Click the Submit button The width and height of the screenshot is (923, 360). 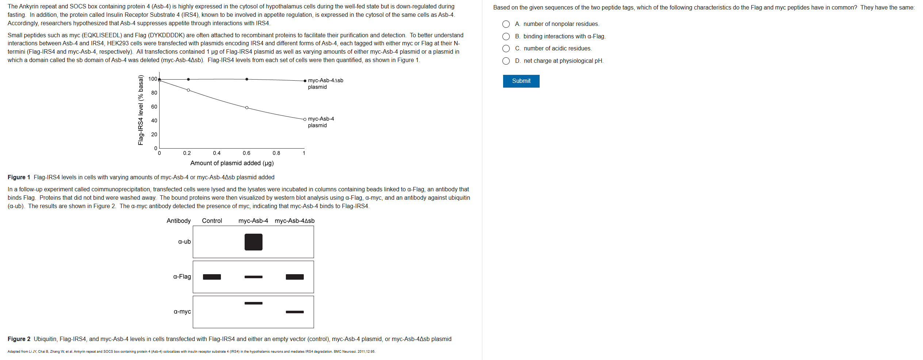(521, 81)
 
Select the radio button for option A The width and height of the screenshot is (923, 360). (506, 24)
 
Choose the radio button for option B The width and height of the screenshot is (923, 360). (506, 37)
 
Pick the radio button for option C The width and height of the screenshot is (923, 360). (506, 49)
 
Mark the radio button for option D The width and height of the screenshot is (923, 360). (506, 61)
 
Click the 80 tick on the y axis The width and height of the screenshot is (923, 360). (154, 93)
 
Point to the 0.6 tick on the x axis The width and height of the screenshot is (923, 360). (246, 153)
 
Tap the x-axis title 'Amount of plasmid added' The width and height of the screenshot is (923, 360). (232, 163)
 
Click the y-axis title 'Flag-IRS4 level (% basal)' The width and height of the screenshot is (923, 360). (141, 110)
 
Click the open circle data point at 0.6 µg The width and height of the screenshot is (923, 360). (247, 108)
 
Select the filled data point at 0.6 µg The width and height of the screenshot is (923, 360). (247, 79)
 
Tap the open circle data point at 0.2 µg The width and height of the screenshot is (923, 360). (188, 90)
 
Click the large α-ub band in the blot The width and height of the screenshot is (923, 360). (253, 242)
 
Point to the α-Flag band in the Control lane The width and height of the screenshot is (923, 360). (212, 277)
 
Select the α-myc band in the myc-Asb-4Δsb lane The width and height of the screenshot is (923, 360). (295, 312)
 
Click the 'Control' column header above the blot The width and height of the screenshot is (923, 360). (212, 221)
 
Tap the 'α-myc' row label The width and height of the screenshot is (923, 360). (182, 312)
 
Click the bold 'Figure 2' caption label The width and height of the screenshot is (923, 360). (19, 339)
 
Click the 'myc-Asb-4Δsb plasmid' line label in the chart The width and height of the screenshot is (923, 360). (325, 84)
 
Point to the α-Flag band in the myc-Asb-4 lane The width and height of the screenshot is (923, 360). (253, 277)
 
